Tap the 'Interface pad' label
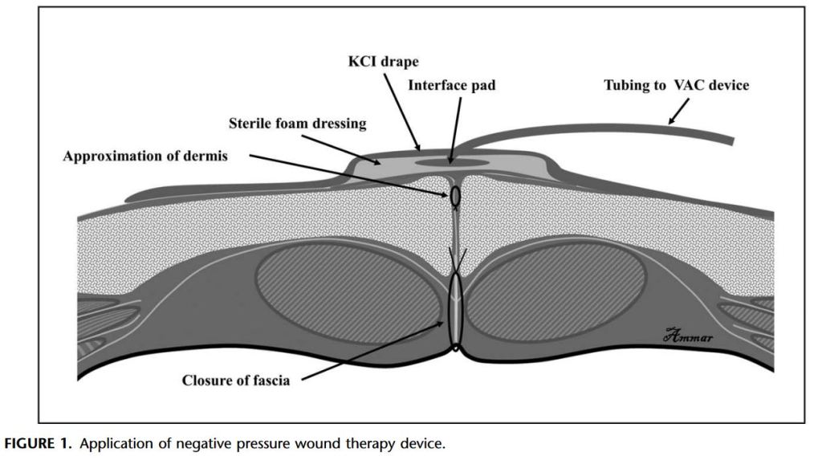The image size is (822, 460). point(451,84)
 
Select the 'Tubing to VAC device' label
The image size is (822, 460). point(676,85)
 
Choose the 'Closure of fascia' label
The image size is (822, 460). point(236,380)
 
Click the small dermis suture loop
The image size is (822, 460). point(455,195)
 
